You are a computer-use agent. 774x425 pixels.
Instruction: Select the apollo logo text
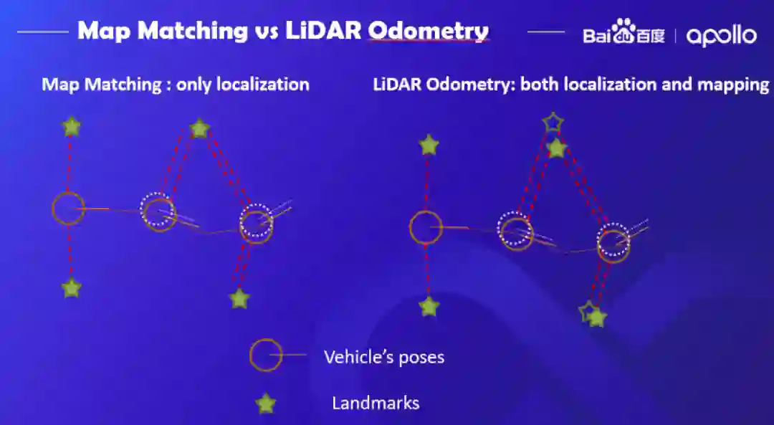click(x=720, y=35)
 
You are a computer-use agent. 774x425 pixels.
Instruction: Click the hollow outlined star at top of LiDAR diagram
click(x=553, y=123)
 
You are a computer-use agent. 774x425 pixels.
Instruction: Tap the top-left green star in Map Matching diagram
click(x=71, y=127)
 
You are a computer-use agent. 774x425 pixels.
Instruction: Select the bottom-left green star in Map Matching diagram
click(x=71, y=288)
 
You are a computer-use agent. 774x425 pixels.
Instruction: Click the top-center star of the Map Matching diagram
click(x=199, y=129)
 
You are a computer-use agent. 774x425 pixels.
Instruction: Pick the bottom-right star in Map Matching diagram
click(x=239, y=298)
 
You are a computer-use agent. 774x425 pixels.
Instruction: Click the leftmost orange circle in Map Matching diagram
click(x=68, y=209)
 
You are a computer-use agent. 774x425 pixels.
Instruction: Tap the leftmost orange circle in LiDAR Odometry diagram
click(x=426, y=228)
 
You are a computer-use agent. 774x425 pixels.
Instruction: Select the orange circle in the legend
click(x=265, y=355)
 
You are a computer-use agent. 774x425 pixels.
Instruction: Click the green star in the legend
click(x=266, y=403)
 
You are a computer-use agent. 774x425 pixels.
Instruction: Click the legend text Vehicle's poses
click(x=383, y=357)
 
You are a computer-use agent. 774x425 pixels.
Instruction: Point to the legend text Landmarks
click(x=375, y=403)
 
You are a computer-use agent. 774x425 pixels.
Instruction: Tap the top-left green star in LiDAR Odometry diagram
click(x=429, y=145)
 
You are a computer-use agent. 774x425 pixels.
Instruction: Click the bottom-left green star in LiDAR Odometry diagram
click(x=429, y=307)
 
